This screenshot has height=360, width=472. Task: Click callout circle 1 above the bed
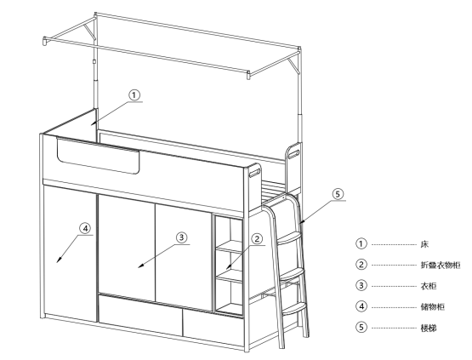(x=134, y=95)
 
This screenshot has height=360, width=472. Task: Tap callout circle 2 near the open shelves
(x=257, y=239)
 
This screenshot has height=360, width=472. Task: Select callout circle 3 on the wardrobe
(x=181, y=237)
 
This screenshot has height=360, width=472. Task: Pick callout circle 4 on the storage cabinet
(x=85, y=229)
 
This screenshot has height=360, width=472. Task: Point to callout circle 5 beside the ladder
(x=338, y=194)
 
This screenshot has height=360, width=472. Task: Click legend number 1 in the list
(x=361, y=243)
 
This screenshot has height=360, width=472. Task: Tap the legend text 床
(x=424, y=244)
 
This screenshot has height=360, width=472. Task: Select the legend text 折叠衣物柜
(x=441, y=265)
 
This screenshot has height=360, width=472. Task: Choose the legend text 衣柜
(x=429, y=286)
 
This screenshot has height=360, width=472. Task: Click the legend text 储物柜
(x=432, y=307)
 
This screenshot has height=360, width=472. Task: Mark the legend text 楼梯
(x=429, y=328)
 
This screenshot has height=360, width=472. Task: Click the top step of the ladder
(x=289, y=237)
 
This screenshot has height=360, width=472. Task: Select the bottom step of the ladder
(x=295, y=309)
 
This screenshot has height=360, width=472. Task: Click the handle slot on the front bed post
(x=254, y=173)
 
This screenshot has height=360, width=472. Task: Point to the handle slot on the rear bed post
(x=294, y=154)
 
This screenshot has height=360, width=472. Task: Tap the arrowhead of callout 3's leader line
(x=141, y=266)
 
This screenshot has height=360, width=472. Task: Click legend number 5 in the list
(x=361, y=327)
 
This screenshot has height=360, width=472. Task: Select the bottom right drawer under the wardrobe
(x=213, y=328)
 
